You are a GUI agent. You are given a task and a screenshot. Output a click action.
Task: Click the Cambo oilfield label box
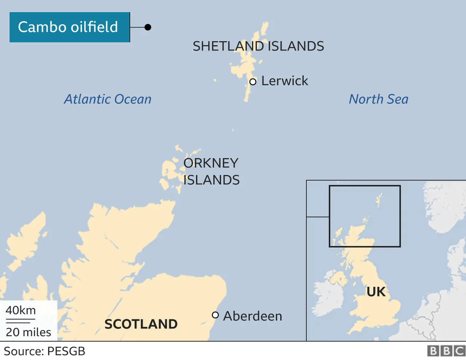pyautogui.click(x=70, y=27)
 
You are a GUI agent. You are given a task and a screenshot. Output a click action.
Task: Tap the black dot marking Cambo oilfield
pyautogui.click(x=148, y=27)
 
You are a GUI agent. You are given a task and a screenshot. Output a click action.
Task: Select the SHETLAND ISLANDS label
pyautogui.click(x=258, y=46)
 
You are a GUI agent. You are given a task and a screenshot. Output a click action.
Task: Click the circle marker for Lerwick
pyautogui.click(x=253, y=82)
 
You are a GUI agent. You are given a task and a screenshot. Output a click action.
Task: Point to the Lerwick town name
pyautogui.click(x=285, y=81)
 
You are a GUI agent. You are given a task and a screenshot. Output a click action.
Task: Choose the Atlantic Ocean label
pyautogui.click(x=108, y=99)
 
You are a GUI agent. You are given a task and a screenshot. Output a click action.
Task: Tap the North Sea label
pyautogui.click(x=379, y=99)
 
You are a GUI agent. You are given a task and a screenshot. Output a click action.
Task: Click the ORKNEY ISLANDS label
pyautogui.click(x=211, y=171)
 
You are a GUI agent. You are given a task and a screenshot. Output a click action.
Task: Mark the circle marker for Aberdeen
pyautogui.click(x=216, y=315)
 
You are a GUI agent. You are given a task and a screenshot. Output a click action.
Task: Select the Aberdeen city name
pyautogui.click(x=252, y=316)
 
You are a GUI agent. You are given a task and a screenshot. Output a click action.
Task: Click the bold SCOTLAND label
pyautogui.click(x=141, y=324)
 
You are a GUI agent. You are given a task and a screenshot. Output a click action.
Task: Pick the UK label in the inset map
pyautogui.click(x=376, y=292)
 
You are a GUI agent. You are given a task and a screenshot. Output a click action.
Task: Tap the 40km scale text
pyautogui.click(x=21, y=310)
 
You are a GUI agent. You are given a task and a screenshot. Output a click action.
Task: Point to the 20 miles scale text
pyautogui.click(x=28, y=332)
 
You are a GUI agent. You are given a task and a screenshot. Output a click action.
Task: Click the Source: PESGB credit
pyautogui.click(x=44, y=351)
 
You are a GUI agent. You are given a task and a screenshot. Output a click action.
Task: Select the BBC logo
pyautogui.click(x=446, y=351)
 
